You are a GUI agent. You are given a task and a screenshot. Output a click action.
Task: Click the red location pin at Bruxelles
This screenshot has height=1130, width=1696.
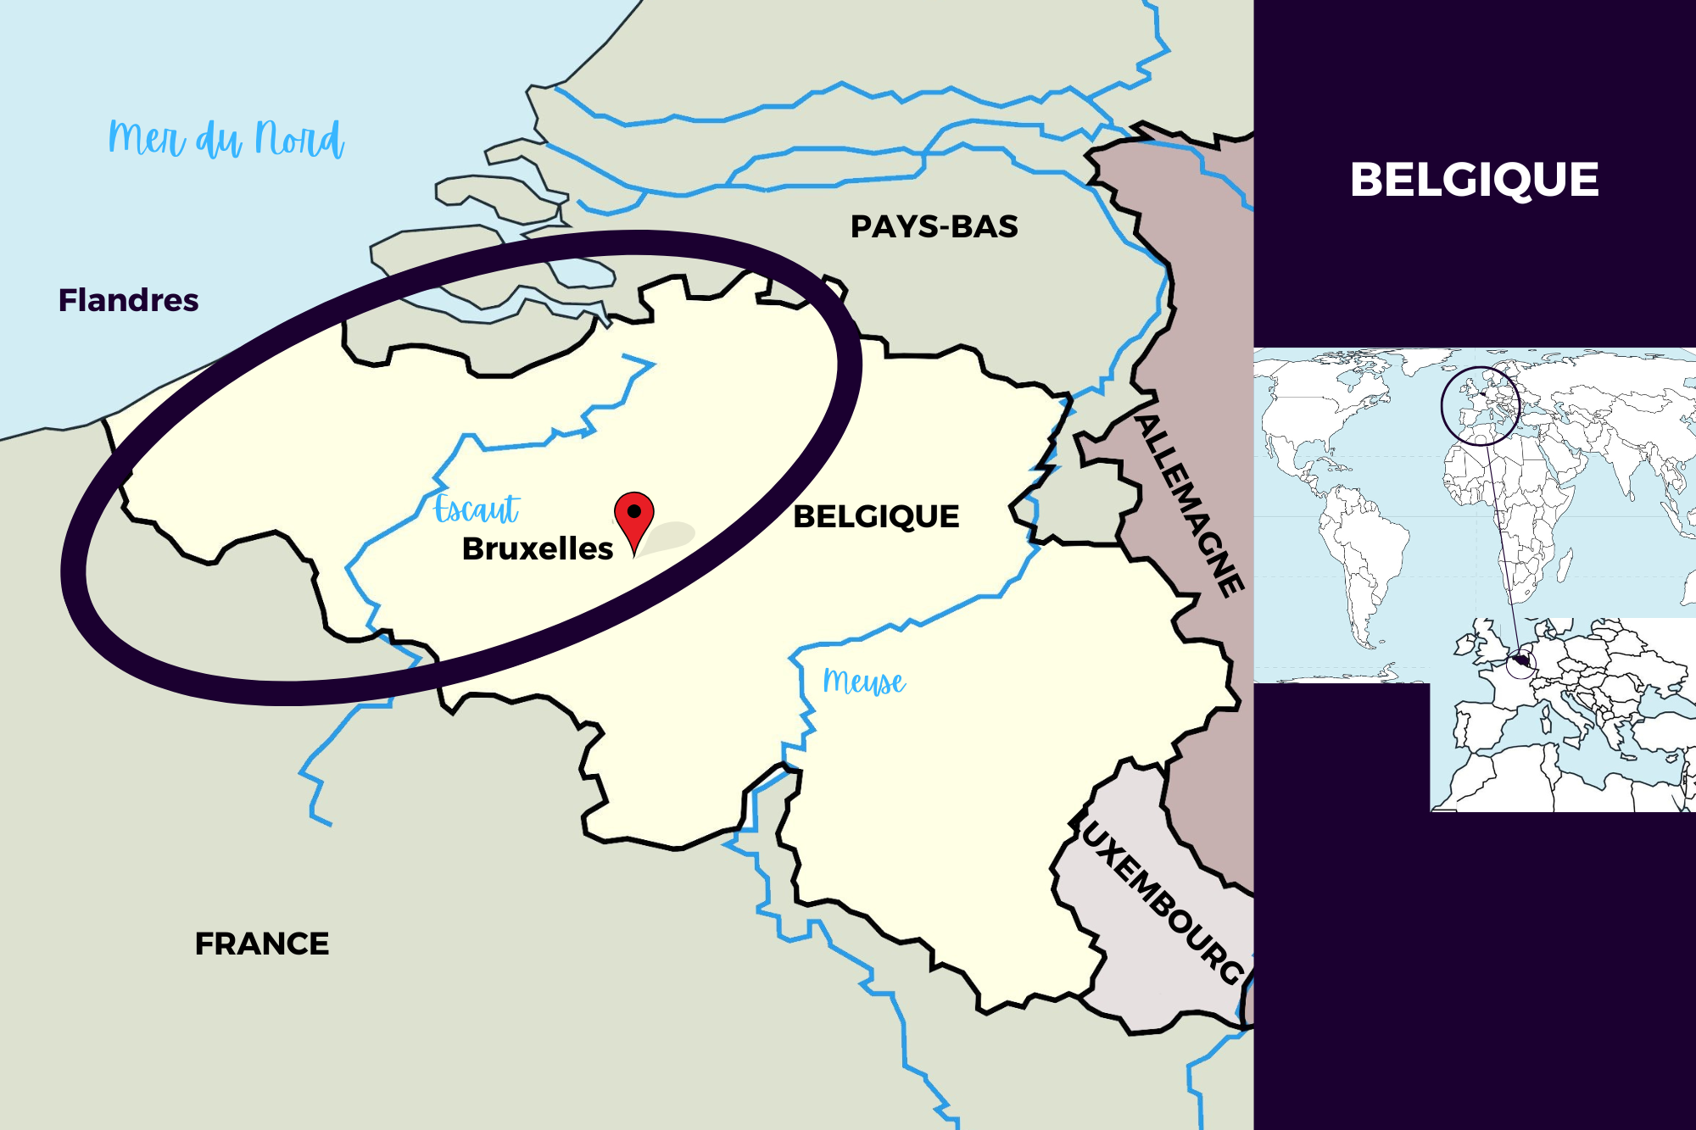(633, 518)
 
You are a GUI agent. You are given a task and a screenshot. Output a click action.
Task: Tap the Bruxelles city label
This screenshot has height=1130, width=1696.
(538, 549)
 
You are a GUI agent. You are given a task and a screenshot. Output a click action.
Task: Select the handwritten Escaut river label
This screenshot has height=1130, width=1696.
(477, 509)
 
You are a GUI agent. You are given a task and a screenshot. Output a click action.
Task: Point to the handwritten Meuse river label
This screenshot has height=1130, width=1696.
(864, 682)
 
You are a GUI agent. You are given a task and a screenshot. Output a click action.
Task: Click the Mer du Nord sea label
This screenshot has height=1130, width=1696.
(226, 139)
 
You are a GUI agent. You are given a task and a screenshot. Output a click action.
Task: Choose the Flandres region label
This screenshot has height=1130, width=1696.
(128, 300)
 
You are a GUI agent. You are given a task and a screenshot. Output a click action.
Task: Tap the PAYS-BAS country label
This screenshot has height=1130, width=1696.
(934, 227)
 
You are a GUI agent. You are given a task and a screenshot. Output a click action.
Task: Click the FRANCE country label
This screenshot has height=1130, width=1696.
(261, 944)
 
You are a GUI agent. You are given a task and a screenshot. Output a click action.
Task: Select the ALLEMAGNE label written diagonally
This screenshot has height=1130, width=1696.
(1191, 504)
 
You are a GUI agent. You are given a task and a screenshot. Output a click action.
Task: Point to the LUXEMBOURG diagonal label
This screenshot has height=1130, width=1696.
(1162, 903)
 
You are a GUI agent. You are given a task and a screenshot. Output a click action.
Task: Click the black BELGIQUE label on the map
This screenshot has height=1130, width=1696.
(876, 516)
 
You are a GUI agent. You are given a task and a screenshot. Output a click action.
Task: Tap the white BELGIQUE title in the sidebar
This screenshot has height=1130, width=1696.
(1474, 180)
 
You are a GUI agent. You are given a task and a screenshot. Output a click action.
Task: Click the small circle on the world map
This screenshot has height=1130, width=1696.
(1480, 405)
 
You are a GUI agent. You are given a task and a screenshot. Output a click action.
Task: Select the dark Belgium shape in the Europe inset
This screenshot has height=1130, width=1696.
(1521, 661)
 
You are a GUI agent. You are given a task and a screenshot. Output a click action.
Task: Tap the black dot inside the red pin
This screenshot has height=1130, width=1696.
(633, 511)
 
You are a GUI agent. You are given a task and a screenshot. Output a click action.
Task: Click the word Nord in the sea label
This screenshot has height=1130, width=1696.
(299, 139)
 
